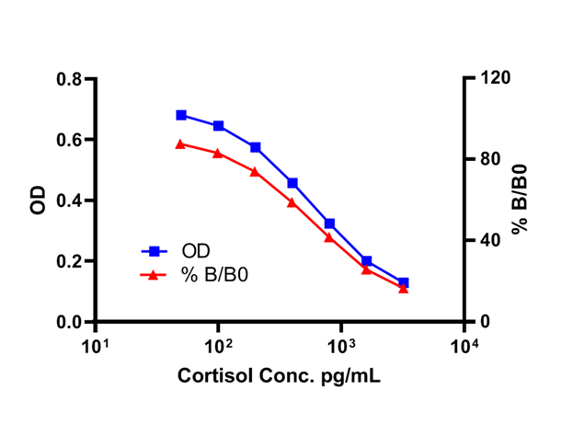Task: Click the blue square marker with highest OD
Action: coord(181,115)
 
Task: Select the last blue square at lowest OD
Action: coord(404,282)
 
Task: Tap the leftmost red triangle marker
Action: coord(181,143)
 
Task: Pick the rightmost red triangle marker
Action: coord(404,289)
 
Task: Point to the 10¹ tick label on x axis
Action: coord(95,346)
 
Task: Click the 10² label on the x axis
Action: coord(217,346)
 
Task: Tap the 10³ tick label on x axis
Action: coord(340,346)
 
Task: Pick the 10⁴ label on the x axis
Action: coord(464,346)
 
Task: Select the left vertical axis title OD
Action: coord(38,201)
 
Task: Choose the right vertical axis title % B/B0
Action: coord(521,200)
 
